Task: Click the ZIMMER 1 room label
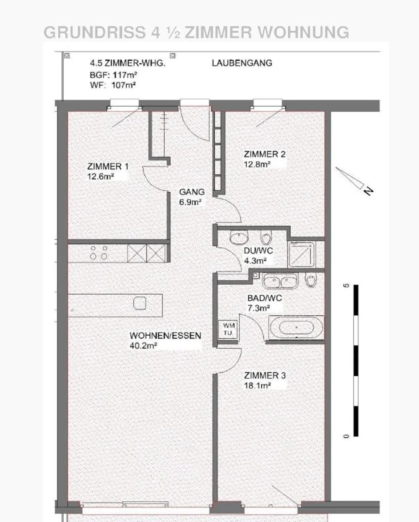(x=108, y=166)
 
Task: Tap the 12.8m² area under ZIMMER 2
(x=257, y=164)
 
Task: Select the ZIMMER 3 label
(x=265, y=375)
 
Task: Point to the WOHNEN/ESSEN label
(x=165, y=335)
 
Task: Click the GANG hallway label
(x=192, y=192)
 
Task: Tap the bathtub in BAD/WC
(x=296, y=328)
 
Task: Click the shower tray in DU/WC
(x=301, y=255)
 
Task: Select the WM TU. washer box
(x=229, y=329)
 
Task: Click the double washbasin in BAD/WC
(x=280, y=281)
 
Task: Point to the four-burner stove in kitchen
(x=99, y=253)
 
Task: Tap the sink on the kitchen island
(x=140, y=303)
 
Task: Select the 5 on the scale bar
(x=346, y=285)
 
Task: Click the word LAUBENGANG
(x=242, y=63)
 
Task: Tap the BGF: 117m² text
(x=113, y=75)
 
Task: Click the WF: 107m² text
(x=113, y=85)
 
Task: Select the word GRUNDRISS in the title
(x=95, y=32)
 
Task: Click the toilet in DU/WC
(x=266, y=237)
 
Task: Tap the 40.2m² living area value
(x=143, y=346)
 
